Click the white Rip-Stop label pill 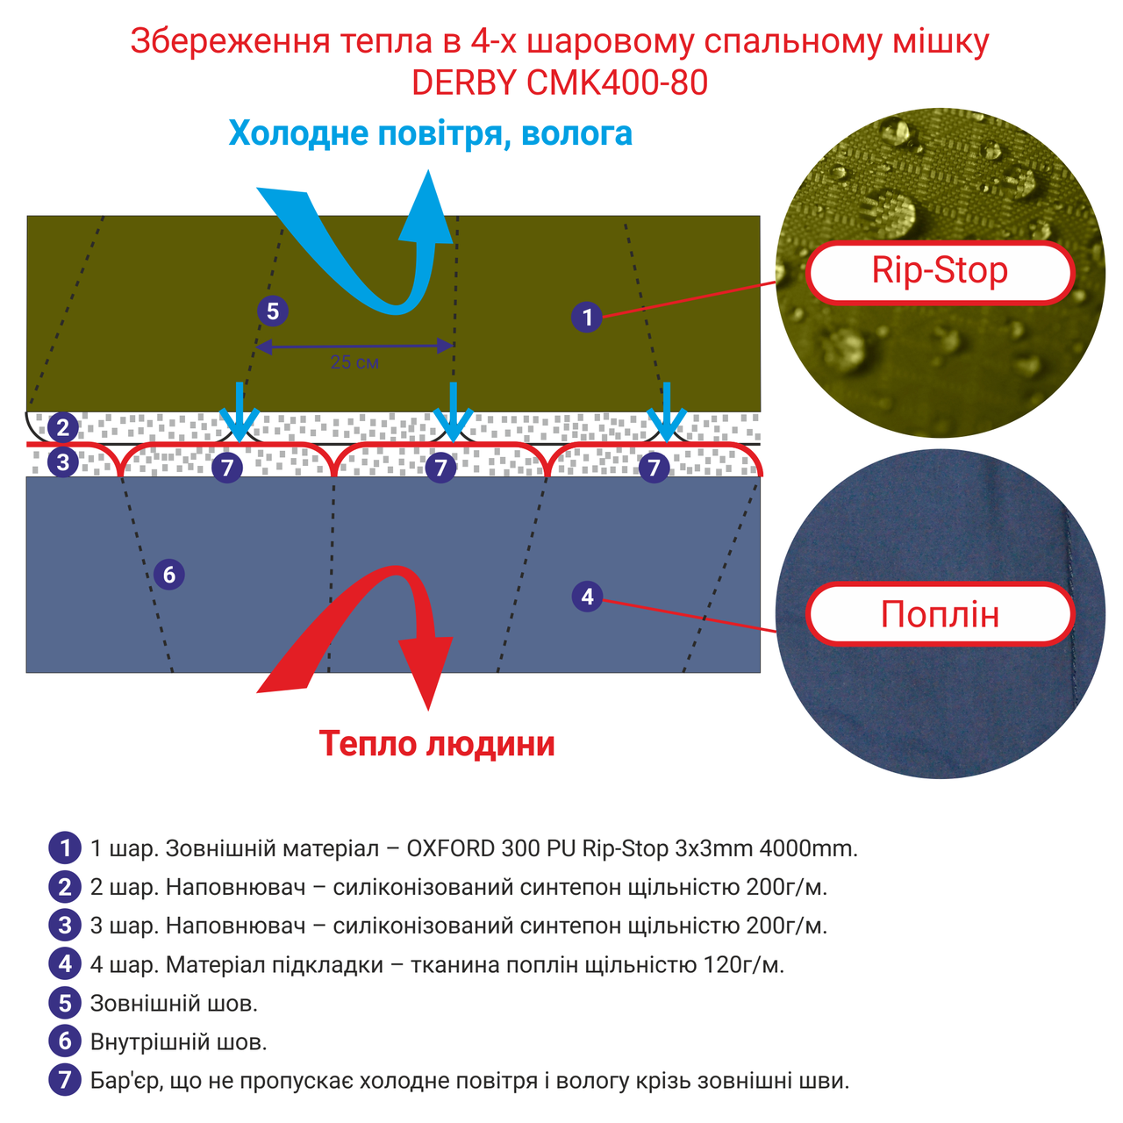tap(940, 272)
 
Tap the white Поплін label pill tap(940, 614)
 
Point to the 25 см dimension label tap(354, 362)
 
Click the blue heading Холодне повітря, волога tap(430, 133)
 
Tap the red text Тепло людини tap(437, 744)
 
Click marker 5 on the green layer tap(273, 311)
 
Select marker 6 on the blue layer tap(169, 575)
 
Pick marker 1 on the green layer tap(587, 316)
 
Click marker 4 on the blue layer tap(587, 597)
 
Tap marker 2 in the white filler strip tap(63, 428)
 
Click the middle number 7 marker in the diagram tap(440, 468)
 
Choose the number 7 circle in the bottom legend tap(65, 1080)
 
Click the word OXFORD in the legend tap(451, 848)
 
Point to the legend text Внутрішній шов tap(178, 1041)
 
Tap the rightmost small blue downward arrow tap(668, 412)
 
